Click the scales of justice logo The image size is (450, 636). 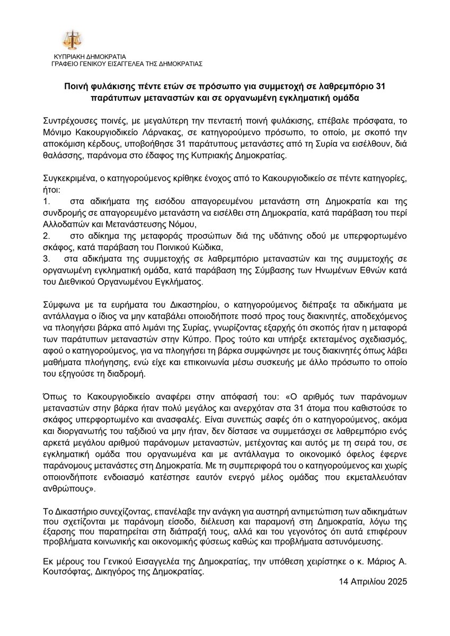(x=72, y=40)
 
